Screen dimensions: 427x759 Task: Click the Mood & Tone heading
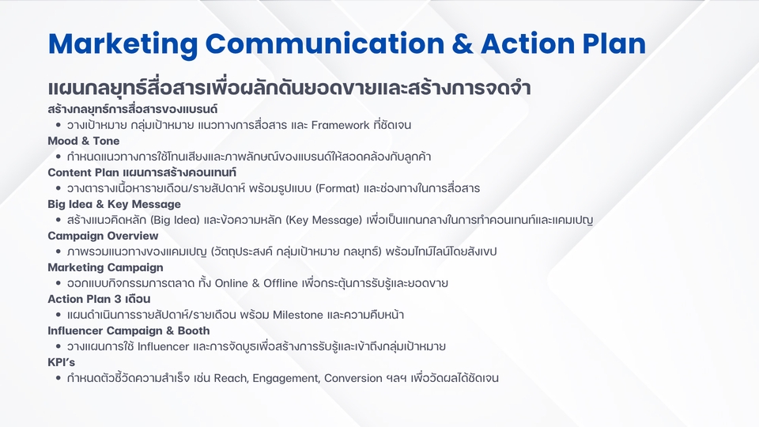pyautogui.click(x=84, y=141)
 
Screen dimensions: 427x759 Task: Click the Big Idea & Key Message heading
pyautogui.click(x=114, y=204)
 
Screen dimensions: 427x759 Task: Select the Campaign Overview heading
pyautogui.click(x=103, y=236)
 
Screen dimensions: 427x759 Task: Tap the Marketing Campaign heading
pyautogui.click(x=105, y=267)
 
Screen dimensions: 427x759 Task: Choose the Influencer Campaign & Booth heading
pyautogui.click(x=129, y=331)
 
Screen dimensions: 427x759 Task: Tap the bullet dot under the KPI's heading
pyautogui.click(x=59, y=379)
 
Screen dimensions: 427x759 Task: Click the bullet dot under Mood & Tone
pyautogui.click(x=59, y=157)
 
